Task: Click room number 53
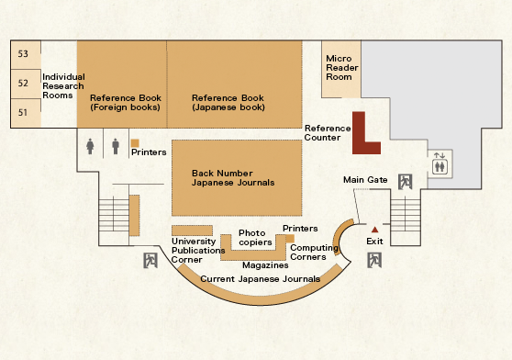pyautogui.click(x=23, y=53)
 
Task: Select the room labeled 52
pyautogui.click(x=23, y=83)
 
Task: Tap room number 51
pyautogui.click(x=23, y=112)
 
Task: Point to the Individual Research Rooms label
pyautogui.click(x=63, y=86)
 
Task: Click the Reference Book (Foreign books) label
pyautogui.click(x=126, y=103)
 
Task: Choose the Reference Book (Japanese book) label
pyautogui.click(x=228, y=103)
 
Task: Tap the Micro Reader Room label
pyautogui.click(x=342, y=68)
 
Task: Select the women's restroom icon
pyautogui.click(x=90, y=146)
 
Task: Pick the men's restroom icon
pyautogui.click(x=116, y=146)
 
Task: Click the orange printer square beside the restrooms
pyautogui.click(x=135, y=143)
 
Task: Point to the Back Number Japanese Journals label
pyautogui.click(x=233, y=178)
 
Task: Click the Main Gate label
pyautogui.click(x=365, y=180)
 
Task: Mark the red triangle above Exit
pyautogui.click(x=374, y=230)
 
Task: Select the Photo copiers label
pyautogui.click(x=255, y=238)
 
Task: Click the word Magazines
pyautogui.click(x=265, y=264)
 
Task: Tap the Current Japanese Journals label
pyautogui.click(x=260, y=278)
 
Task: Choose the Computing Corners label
pyautogui.click(x=314, y=253)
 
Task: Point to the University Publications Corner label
pyautogui.click(x=198, y=250)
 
